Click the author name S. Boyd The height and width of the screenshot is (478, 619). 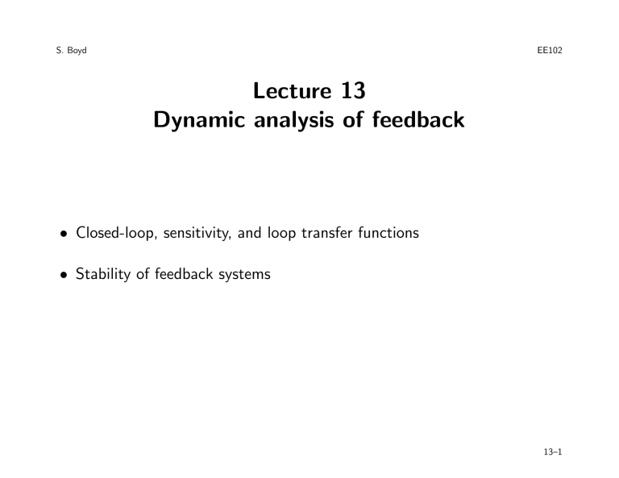[71, 51]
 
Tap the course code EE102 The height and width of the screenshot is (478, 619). [550, 50]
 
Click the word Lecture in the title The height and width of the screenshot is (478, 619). [292, 90]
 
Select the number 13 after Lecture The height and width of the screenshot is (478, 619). [353, 90]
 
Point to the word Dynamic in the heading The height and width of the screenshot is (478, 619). [199, 120]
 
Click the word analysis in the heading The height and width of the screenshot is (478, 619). [293, 120]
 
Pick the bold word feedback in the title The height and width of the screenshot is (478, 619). [418, 119]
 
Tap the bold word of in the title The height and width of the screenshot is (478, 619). [353, 119]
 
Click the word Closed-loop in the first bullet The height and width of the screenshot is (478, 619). [117, 233]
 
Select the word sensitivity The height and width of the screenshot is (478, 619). [197, 233]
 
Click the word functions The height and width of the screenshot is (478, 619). [388, 232]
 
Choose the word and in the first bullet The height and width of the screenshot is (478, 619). [250, 233]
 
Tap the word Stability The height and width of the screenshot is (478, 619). [103, 274]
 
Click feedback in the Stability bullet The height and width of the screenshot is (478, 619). [184, 273]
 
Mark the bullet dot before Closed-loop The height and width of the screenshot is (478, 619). [63, 234]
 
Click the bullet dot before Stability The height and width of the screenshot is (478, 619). [63, 275]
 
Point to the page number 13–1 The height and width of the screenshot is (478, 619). [553, 452]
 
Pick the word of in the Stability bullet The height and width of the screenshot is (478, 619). [143, 273]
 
